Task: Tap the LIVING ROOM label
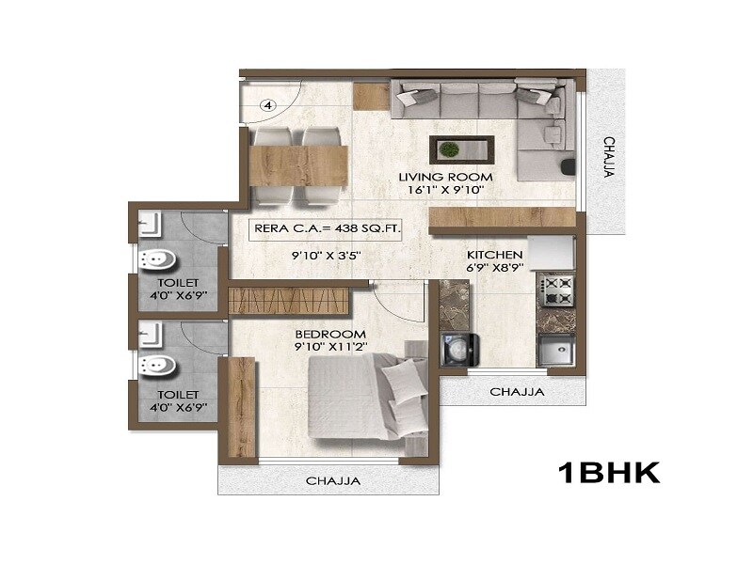[x=440, y=176]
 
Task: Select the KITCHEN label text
[x=494, y=255]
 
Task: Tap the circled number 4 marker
[x=267, y=106]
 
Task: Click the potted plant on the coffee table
[x=450, y=149]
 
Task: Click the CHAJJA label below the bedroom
[x=332, y=481]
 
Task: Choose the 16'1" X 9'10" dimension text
[x=441, y=189]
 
